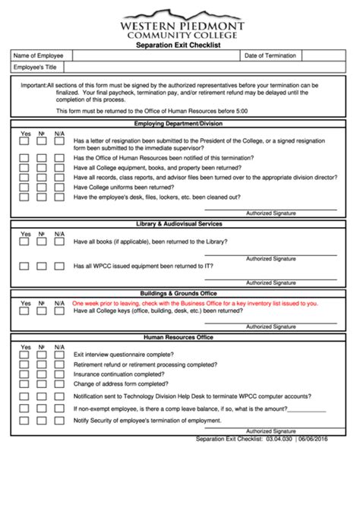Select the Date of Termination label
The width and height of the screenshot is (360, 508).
270,55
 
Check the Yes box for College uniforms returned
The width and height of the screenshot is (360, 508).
24,187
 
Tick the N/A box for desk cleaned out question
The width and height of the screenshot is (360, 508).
59,197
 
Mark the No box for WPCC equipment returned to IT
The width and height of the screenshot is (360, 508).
42,267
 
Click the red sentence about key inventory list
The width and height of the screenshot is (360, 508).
195,302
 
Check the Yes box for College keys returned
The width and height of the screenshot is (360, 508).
24,311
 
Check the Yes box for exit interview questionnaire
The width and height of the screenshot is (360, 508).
24,355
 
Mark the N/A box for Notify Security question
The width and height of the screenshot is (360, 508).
59,420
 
